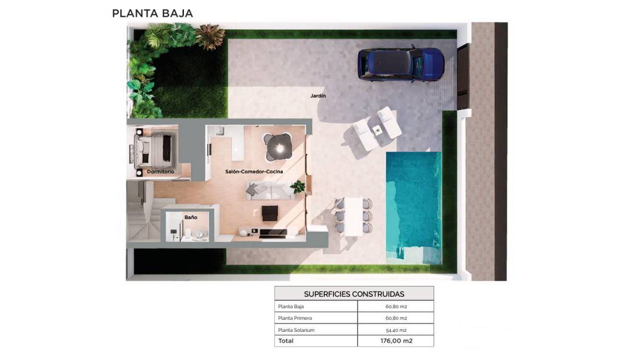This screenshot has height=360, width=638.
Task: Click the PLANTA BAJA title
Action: coord(152,13)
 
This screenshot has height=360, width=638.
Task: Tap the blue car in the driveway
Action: coord(401,63)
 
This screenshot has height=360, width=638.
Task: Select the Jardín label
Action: coord(318,95)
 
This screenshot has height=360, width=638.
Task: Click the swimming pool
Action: coord(413,208)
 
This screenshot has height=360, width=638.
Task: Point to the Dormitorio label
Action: coord(160,171)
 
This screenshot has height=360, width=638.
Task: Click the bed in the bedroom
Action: coord(155,150)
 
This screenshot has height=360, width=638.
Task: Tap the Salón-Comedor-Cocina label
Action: coord(254,171)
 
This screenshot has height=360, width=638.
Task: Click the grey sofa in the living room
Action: coord(270,190)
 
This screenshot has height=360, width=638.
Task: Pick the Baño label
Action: coord(191,217)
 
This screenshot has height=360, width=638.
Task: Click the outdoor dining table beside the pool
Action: coord(353,216)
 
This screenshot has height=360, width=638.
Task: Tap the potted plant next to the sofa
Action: coord(298,186)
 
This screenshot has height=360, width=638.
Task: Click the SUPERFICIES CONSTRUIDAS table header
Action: coord(354,294)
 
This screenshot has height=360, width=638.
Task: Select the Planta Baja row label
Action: coord(291,307)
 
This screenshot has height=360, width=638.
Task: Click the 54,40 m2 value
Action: coord(397,330)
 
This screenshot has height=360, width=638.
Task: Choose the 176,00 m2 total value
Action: coord(397,341)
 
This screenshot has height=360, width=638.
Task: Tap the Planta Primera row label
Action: coord(295,318)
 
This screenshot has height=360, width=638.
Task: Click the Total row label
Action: coord(286,341)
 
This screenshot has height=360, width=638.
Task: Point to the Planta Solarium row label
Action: coord(296,330)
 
